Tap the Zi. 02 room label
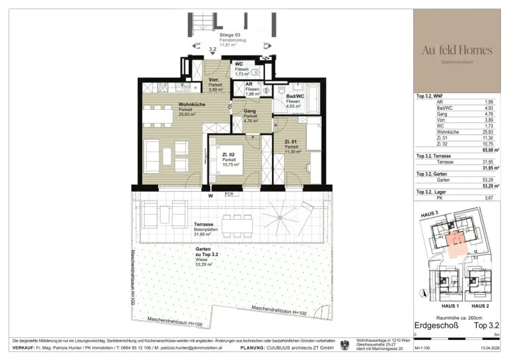coord(229,155)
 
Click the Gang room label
coord(250,111)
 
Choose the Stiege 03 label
coord(230,35)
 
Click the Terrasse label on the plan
coord(203,224)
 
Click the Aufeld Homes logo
coord(457,50)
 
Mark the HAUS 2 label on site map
coord(480,306)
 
